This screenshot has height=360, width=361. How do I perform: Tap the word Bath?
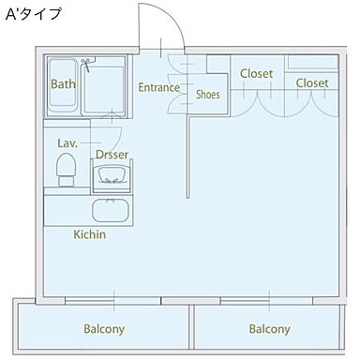[63, 83]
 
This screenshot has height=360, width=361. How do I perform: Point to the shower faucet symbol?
[85, 66]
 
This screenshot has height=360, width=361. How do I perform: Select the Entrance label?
[158, 88]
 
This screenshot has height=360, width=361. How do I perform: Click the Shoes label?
[207, 94]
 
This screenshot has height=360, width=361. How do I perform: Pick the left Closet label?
[256, 73]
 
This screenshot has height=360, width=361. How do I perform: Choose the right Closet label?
[312, 82]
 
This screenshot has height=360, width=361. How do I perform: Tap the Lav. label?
[67, 142]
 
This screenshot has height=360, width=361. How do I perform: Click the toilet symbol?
[66, 169]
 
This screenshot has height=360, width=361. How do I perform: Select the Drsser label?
[113, 153]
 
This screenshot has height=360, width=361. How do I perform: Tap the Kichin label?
[90, 233]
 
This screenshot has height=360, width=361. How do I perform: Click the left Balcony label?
[104, 329]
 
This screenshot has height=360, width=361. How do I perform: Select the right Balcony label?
[269, 329]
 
